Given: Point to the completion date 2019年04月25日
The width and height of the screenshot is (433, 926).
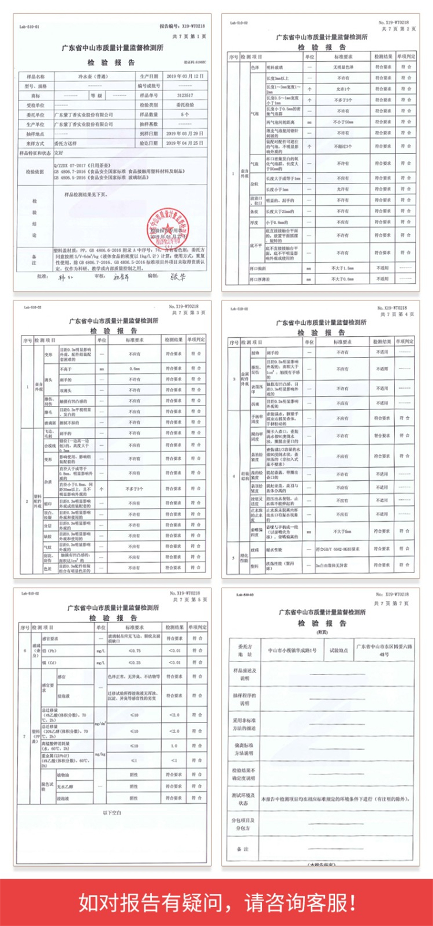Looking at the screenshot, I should tap(184, 142).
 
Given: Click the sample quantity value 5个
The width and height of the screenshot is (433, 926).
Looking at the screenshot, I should tap(184, 114).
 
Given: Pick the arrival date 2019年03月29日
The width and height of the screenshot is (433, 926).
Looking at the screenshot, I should tap(184, 133).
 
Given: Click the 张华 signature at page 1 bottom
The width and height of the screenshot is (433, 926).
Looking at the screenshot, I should tap(178, 277).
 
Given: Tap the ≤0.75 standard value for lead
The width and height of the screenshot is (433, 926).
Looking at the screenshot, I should tap(134, 650).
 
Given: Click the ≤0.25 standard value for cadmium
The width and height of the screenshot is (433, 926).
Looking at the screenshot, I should tap(134, 662).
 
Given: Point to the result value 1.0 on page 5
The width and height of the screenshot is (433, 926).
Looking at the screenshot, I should tap(174, 746).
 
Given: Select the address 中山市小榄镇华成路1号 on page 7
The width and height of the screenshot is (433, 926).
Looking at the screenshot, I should tap(292, 650).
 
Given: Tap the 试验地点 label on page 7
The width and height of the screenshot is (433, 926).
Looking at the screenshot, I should tap(338, 650).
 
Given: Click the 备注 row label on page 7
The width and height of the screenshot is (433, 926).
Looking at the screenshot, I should tap(242, 849).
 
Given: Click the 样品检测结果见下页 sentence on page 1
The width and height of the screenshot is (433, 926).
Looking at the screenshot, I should tap(86, 194).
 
